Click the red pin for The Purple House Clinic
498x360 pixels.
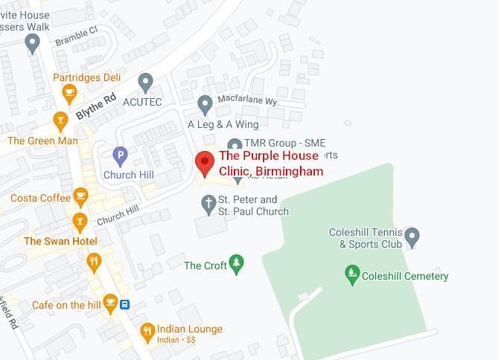click(204, 161)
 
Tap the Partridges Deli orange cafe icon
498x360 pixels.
click(69, 93)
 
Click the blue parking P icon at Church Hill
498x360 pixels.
click(120, 156)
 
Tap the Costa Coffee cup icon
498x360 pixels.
click(80, 197)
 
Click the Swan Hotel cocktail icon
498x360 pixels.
click(80, 221)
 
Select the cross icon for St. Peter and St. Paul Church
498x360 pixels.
click(209, 202)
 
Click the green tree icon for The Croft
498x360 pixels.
click(236, 263)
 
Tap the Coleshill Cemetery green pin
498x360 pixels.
click(353, 275)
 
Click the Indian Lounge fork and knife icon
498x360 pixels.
click(147, 330)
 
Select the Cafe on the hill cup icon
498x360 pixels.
click(110, 302)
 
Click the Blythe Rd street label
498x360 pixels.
click(96, 106)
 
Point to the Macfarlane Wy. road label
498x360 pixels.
click(246, 99)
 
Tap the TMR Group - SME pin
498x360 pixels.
click(234, 144)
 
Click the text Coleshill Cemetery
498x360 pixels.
click(405, 276)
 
